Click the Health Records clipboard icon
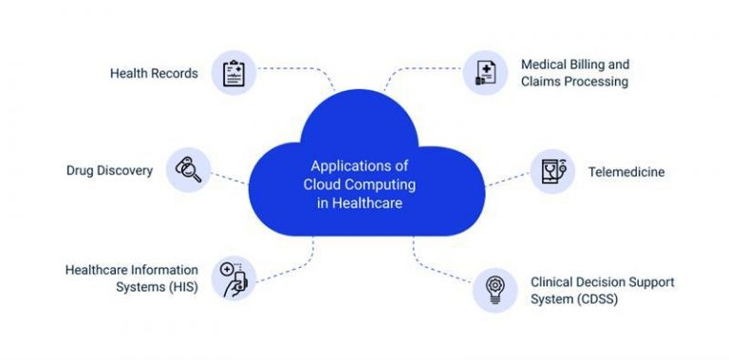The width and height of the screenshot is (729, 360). click(x=233, y=73)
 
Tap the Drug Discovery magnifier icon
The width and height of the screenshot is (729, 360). click(x=188, y=170)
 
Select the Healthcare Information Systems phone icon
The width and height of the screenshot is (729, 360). click(x=233, y=278)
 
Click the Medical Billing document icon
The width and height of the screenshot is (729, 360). click(x=485, y=73)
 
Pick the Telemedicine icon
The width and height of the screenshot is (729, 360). click(x=551, y=172)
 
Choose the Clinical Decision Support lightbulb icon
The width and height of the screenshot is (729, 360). click(x=495, y=290)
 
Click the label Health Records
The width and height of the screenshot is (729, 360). click(x=154, y=73)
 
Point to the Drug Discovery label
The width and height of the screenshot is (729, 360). click(x=109, y=171)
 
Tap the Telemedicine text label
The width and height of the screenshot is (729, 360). click(x=626, y=172)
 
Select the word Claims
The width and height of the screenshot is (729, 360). click(x=540, y=82)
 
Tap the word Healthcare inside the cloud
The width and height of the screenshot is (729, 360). click(x=367, y=201)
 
